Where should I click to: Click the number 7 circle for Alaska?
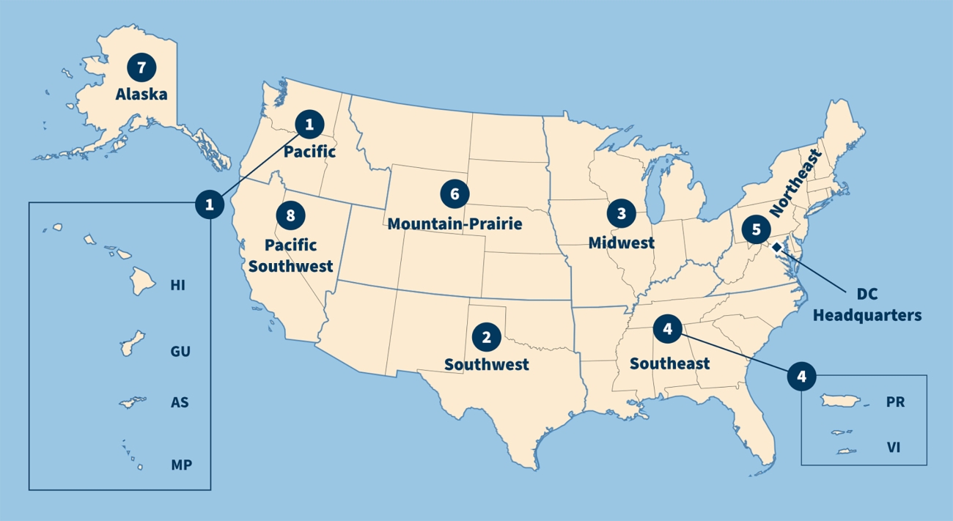tap(141, 67)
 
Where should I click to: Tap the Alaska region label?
tap(141, 95)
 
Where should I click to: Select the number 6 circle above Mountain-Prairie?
tap(455, 194)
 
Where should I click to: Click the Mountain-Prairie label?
tap(455, 223)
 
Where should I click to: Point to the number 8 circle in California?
tap(291, 215)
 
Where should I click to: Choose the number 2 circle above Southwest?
tap(486, 337)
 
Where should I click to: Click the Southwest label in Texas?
tap(486, 364)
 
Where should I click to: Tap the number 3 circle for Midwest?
tap(622, 213)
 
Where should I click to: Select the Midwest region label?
tap(622, 242)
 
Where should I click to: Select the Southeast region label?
tap(669, 363)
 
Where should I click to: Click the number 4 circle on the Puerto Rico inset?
tap(801, 377)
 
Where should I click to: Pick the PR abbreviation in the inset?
tap(896, 402)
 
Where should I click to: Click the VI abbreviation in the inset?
tap(894, 448)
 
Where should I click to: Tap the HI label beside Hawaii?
tap(178, 285)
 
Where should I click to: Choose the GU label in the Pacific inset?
tap(180, 352)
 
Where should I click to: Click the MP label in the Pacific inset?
tap(181, 465)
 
